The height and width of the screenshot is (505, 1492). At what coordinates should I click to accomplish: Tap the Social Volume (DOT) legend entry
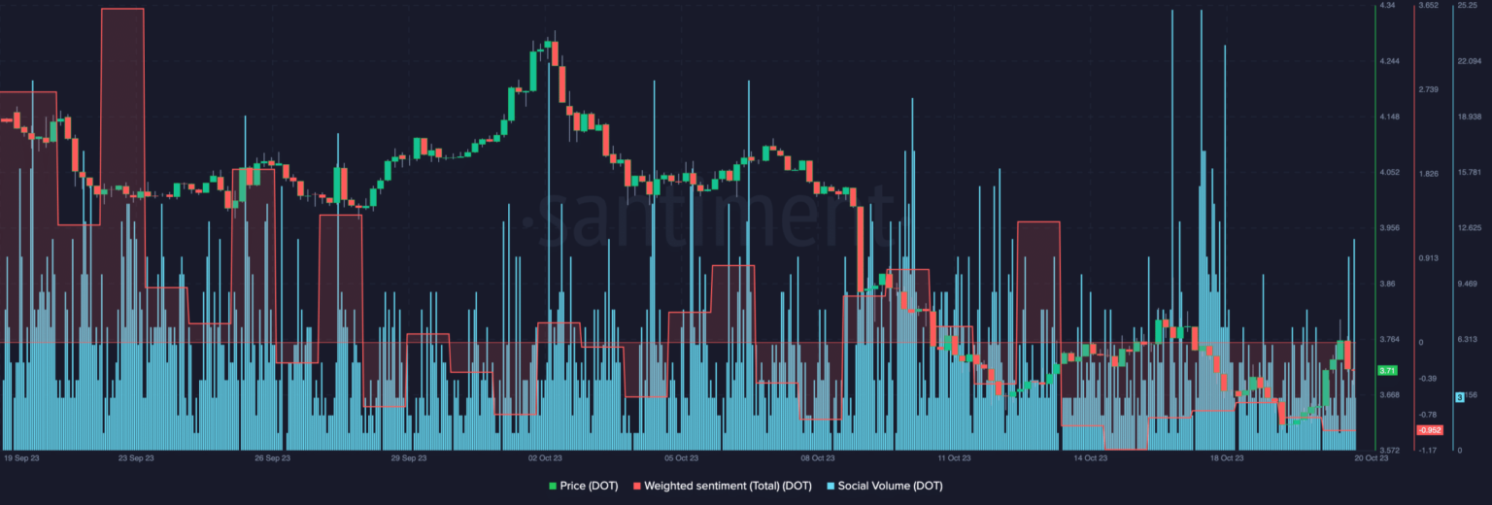[884, 486]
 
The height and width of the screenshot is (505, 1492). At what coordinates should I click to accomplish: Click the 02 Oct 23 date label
[545, 456]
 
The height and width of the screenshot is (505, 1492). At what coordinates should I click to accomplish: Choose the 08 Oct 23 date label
[817, 456]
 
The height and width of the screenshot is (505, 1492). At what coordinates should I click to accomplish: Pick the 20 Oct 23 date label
[1372, 456]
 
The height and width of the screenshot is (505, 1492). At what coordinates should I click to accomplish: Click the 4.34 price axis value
[1387, 6]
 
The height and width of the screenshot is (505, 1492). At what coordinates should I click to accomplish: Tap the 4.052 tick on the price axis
[1390, 173]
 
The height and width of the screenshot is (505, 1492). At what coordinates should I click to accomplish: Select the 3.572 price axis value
[1390, 451]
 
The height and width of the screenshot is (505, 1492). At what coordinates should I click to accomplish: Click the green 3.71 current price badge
[1387, 371]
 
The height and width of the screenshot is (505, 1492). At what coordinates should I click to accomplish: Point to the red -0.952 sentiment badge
[1429, 429]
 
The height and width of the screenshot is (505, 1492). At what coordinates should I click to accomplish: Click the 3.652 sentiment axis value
[1428, 6]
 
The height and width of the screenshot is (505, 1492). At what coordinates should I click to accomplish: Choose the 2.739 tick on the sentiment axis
[1428, 90]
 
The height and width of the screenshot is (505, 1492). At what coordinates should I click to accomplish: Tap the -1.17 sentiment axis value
[1427, 451]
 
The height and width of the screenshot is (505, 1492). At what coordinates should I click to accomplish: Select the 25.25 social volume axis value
[1467, 6]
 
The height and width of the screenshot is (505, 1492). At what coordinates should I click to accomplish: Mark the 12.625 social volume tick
[1469, 228]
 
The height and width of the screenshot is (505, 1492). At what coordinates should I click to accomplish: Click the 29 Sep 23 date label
[409, 456]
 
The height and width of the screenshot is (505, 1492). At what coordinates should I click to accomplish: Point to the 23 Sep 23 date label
[137, 456]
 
